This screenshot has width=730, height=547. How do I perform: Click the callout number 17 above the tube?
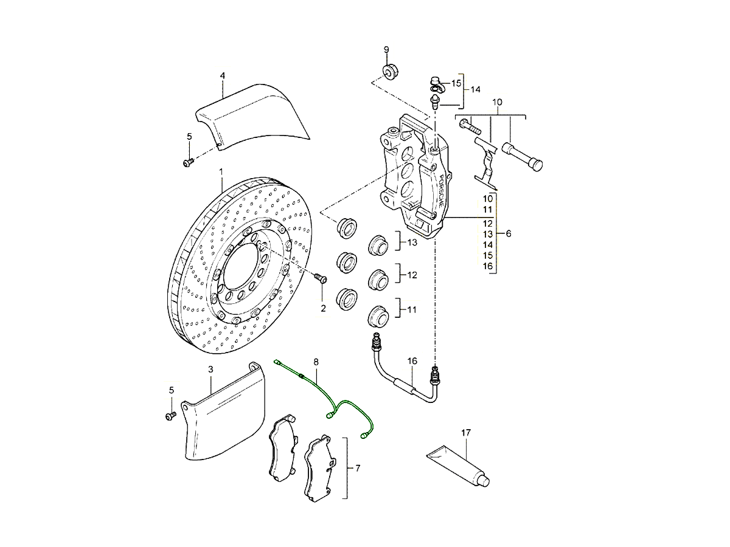[x=466, y=433]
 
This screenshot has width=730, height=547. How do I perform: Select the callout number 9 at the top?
[x=386, y=49]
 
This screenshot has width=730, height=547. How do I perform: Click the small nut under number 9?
[x=389, y=72]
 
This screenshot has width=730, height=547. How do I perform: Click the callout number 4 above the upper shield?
[x=223, y=75]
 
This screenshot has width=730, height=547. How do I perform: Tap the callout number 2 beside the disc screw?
[x=323, y=308]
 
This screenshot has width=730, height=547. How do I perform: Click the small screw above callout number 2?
[x=321, y=279]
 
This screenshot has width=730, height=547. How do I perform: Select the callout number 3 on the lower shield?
[x=210, y=369]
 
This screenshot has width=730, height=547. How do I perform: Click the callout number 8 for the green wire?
[x=316, y=362]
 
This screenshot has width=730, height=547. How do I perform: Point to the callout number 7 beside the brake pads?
[x=358, y=468]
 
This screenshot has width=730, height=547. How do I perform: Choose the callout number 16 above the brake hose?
[x=412, y=361]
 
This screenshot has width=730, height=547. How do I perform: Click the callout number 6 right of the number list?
[x=509, y=233]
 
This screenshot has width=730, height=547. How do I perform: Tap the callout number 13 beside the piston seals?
[x=412, y=243]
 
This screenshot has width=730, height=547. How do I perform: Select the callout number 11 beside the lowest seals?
[x=412, y=309]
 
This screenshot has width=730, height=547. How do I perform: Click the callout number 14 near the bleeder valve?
[x=475, y=89]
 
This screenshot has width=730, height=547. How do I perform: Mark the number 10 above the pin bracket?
[x=498, y=103]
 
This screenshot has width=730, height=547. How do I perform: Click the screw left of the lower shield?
[x=170, y=416]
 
